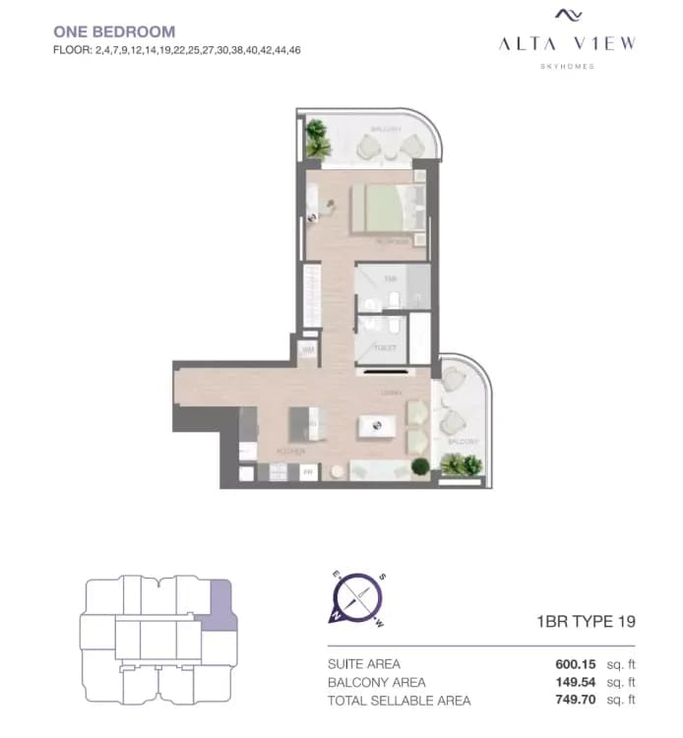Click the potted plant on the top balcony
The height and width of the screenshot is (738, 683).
click(x=317, y=139)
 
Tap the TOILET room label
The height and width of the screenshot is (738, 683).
click(x=384, y=347)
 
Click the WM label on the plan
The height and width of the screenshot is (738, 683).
click(x=307, y=349)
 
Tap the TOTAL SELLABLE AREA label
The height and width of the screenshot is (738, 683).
click(x=399, y=701)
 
